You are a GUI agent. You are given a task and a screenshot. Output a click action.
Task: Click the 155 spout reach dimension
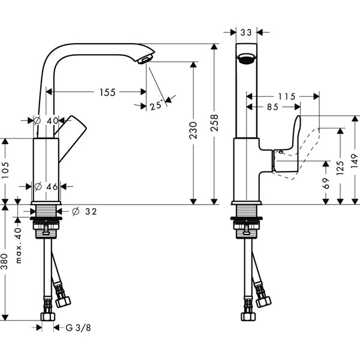107,92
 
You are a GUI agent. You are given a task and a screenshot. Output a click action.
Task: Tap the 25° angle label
157,105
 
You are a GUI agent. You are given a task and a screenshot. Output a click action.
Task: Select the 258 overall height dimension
214,123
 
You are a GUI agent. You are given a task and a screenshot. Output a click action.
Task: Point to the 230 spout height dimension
193,130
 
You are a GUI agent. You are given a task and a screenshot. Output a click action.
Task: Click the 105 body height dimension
5,170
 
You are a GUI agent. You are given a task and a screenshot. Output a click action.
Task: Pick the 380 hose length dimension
5,262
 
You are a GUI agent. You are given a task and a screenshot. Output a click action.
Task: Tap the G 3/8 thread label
78,328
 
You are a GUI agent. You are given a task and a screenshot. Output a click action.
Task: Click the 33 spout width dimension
246,32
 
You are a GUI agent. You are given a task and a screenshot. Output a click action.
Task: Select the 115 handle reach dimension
287,97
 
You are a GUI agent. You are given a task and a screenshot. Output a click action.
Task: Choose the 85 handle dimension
273,107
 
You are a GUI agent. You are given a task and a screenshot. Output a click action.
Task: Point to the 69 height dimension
326,183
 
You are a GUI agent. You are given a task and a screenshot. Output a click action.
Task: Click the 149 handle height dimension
355,161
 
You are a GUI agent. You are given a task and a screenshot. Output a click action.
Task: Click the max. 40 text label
19,245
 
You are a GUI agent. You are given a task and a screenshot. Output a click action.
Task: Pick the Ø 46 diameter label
46,187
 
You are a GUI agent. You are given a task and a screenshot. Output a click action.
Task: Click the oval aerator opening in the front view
247,58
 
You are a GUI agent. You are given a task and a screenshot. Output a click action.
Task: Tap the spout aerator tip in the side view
145,59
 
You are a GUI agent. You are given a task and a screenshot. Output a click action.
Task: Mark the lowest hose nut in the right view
248,317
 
